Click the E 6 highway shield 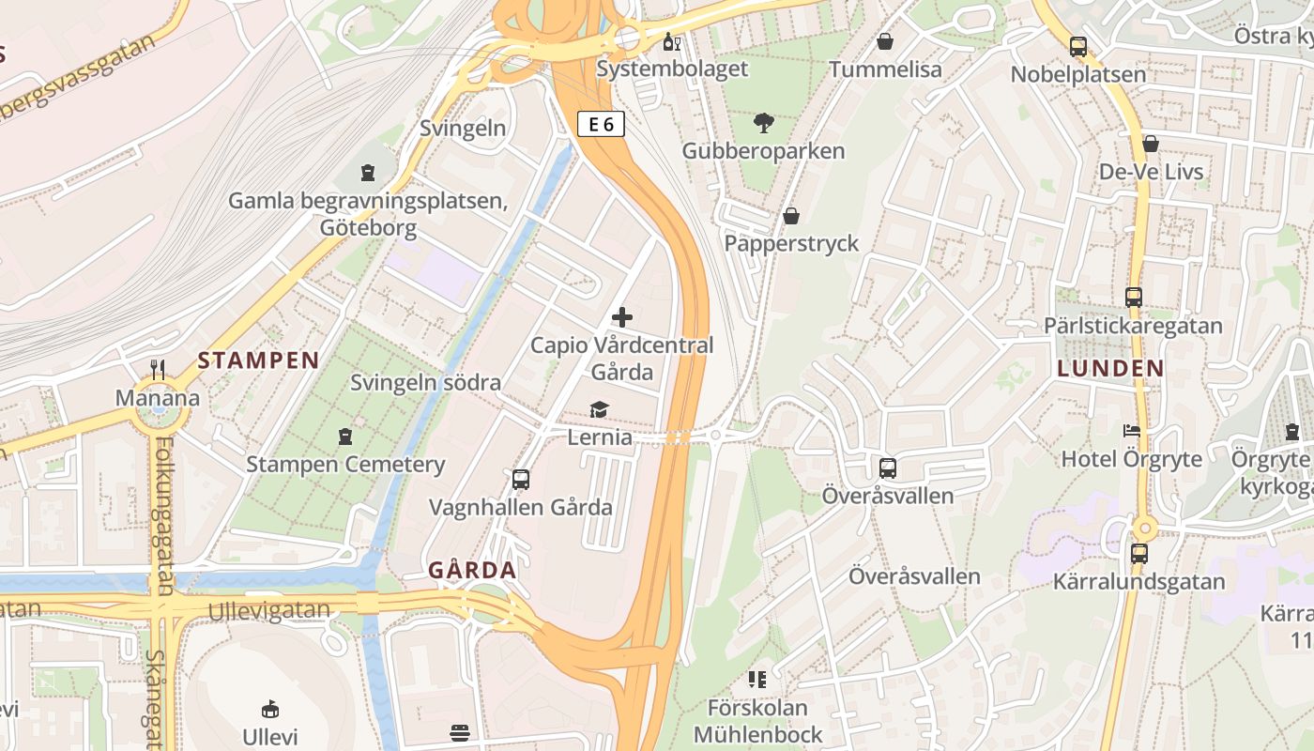[x=601, y=124]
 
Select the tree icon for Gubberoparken [x=764, y=123]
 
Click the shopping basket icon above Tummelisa [x=884, y=41]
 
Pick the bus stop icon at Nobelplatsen [x=1078, y=47]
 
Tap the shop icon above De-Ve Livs [x=1151, y=144]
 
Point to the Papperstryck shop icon [x=791, y=216]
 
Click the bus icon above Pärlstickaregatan [x=1134, y=298]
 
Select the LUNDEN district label [x=1110, y=369]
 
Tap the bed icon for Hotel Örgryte [x=1132, y=431]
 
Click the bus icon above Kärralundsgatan [x=1138, y=553]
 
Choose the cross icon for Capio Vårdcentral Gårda [x=621, y=317]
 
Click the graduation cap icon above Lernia [x=599, y=409]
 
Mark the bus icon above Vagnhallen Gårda [x=521, y=480]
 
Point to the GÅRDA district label [x=472, y=570]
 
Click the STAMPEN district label [x=258, y=360]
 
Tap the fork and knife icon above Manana [x=158, y=370]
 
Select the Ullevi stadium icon [x=269, y=708]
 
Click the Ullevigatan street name [x=269, y=610]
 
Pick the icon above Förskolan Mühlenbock [x=757, y=679]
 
